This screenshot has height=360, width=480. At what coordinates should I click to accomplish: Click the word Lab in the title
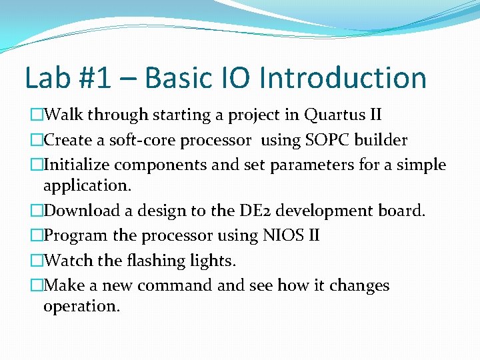pos(45,78)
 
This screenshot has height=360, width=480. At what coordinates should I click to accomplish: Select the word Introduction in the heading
pos(343,78)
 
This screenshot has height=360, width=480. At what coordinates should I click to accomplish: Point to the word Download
pos(85,211)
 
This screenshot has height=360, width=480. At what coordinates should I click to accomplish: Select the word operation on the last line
pos(81,307)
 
